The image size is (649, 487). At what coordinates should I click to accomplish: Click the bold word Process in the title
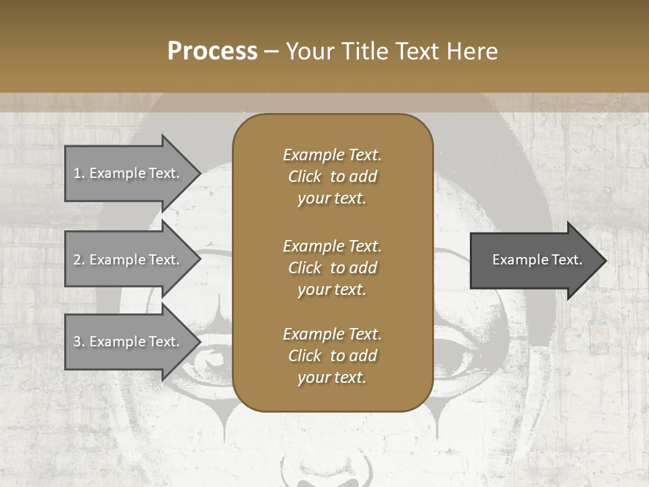point(212,51)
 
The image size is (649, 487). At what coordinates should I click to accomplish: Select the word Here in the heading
point(471,51)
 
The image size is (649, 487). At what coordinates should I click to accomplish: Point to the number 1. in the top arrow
point(79,173)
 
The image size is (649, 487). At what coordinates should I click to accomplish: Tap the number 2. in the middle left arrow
point(79,260)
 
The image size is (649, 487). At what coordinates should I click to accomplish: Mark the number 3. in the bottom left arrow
point(79,342)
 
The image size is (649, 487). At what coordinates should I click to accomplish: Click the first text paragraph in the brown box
point(332,177)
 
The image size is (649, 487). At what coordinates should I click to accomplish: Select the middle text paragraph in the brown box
point(332,268)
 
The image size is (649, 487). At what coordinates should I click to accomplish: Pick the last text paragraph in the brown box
point(332,356)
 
